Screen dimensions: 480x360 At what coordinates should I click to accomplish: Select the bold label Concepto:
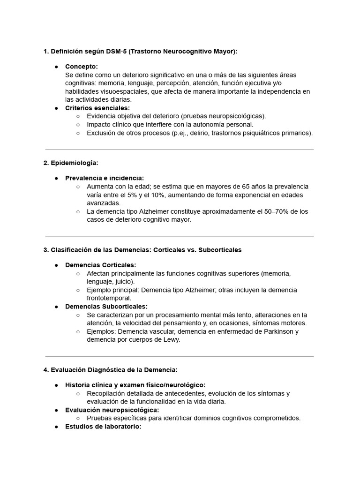coord(81,67)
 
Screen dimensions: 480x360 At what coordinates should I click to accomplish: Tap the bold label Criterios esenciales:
coord(97,108)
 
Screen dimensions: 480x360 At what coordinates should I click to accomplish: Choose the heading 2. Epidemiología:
coord(71,163)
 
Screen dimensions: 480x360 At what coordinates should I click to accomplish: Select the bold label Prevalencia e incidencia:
coord(105,178)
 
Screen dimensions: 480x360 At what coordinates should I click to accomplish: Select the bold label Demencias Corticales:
coord(100,265)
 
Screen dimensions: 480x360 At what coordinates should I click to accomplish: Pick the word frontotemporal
coord(109,298)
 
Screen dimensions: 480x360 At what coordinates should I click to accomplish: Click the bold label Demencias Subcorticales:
coord(106,307)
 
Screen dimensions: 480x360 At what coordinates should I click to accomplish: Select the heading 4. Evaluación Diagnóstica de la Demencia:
coord(110,370)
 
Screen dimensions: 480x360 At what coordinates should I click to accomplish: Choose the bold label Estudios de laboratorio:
coord(103,427)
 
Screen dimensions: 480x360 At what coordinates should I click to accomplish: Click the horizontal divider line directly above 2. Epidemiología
coord(180,150)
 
